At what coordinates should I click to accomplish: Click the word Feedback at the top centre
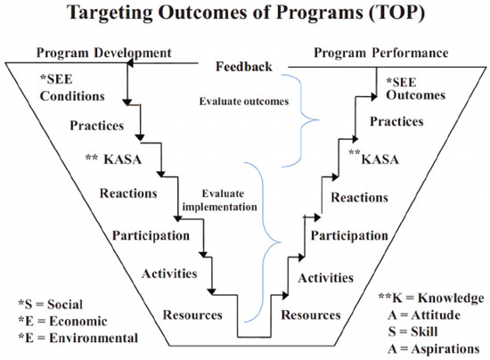pos(244,67)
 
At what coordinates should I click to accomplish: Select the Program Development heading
pos(104,53)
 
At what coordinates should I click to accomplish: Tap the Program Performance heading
pos(381,53)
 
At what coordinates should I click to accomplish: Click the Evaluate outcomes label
pos(244,102)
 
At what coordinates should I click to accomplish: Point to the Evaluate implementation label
pos(220,200)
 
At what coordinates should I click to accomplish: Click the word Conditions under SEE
pos(72,96)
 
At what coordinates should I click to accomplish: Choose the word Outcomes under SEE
pos(416,95)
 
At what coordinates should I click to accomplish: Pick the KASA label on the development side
pos(123,160)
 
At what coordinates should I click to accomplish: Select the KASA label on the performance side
pos(380,160)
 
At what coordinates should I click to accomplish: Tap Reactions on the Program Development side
pos(128,193)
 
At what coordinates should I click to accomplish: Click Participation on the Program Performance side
pos(349,235)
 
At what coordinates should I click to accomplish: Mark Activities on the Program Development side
pos(169,274)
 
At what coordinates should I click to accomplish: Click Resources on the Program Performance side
pos(311,315)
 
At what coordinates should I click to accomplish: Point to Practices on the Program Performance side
pos(396,121)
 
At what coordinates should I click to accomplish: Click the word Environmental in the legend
pos(94,338)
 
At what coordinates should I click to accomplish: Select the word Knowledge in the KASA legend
pos(451,299)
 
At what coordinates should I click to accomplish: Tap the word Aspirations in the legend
pos(445,349)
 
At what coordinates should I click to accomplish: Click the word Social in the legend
pos(65,304)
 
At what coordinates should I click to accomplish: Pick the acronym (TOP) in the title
pos(396,12)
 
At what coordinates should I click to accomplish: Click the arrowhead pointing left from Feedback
pos(130,63)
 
